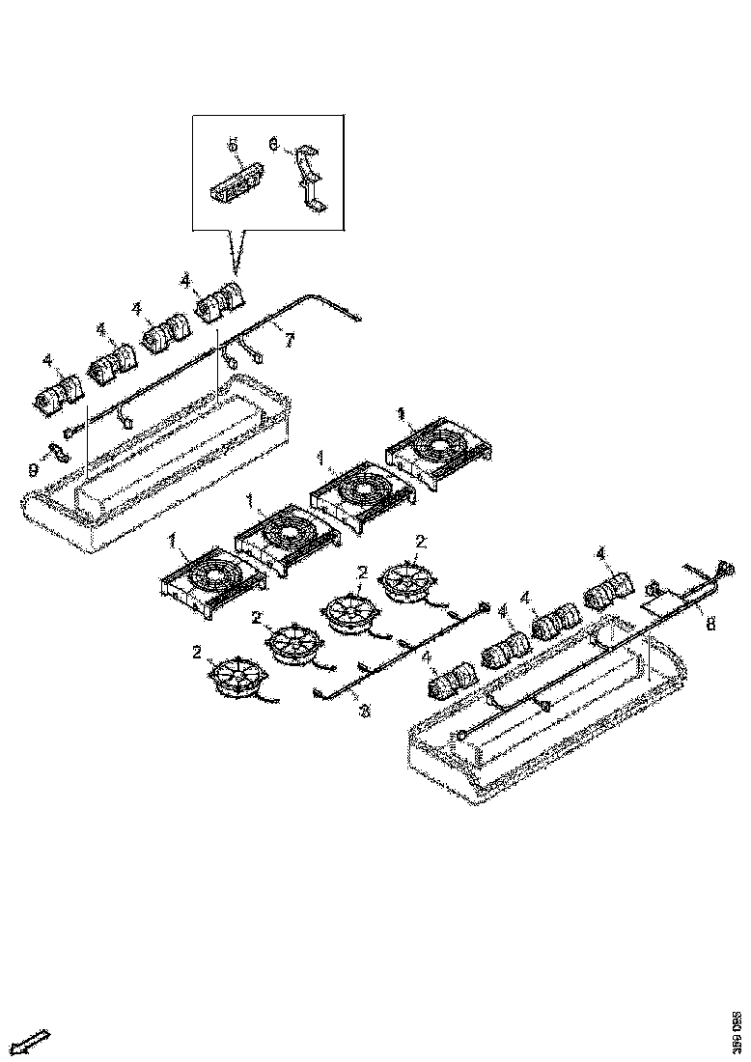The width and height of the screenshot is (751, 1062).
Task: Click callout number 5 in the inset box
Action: coord(233,145)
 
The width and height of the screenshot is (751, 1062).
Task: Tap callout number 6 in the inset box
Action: coord(273,145)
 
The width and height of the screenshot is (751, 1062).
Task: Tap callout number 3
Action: coord(364,713)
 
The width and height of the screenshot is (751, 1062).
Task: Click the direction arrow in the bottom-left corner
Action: coord(33,1041)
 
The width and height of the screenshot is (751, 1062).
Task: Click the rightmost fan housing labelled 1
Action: coord(439,447)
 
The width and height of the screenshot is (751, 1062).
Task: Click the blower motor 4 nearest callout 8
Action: coord(606,585)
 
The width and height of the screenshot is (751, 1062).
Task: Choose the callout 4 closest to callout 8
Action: coord(600,552)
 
